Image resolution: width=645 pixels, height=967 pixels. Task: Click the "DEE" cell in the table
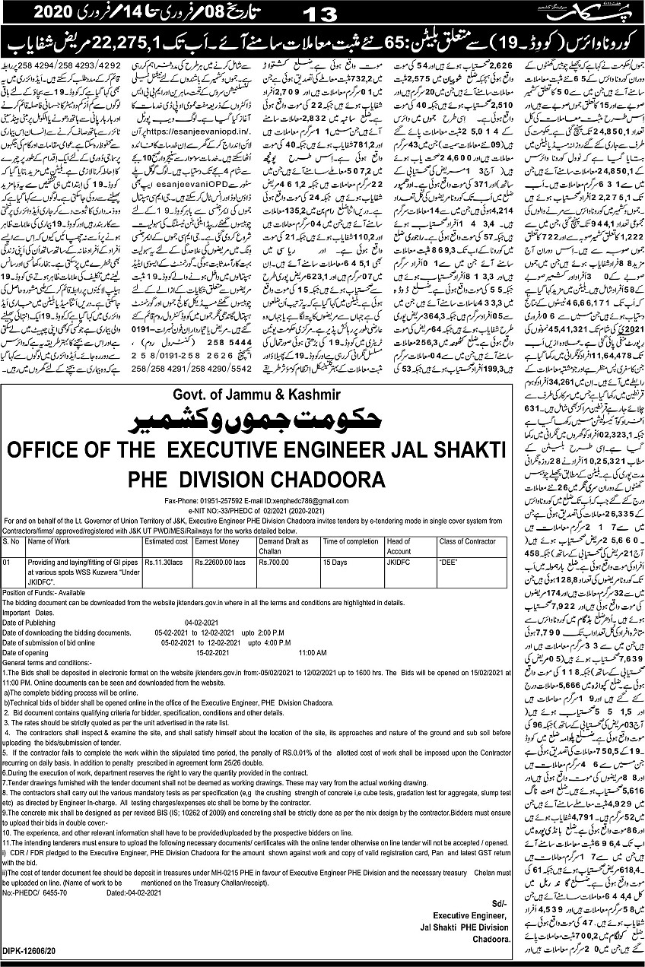point(447,563)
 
